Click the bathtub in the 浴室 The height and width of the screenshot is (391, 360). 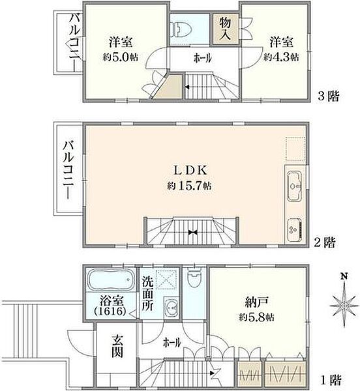tap(112, 281)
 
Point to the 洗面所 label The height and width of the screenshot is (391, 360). tap(148, 293)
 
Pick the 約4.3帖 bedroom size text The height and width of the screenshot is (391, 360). tap(281, 57)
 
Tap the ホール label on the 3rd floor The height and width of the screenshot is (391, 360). tap(202, 58)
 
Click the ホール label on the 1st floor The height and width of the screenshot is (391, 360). tap(172, 341)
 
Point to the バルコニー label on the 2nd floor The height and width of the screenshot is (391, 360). tap(67, 167)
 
